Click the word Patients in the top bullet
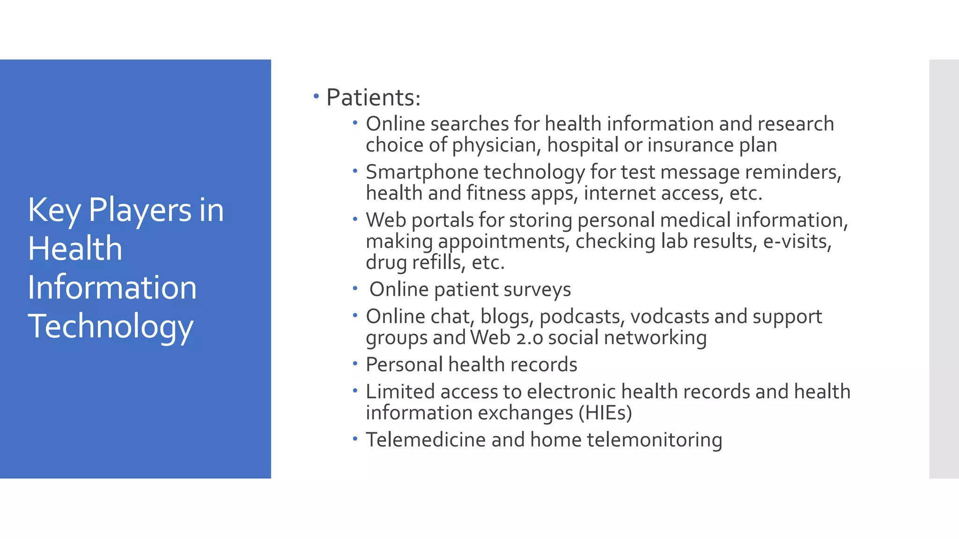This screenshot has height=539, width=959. [x=373, y=97]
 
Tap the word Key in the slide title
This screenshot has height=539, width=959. [x=54, y=210]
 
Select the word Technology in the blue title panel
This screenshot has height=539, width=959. [x=111, y=326]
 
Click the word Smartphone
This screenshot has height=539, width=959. [x=422, y=172]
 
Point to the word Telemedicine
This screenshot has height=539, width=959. [x=426, y=440]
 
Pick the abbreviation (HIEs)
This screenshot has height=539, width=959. [x=605, y=413]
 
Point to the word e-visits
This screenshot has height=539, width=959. [x=797, y=241]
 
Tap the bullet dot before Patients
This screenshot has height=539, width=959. [x=316, y=96]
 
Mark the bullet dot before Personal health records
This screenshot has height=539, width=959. [x=355, y=363]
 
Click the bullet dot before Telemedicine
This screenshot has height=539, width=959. [x=355, y=438]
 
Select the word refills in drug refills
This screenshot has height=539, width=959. [x=438, y=262]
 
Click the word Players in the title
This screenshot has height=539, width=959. [x=140, y=210]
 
